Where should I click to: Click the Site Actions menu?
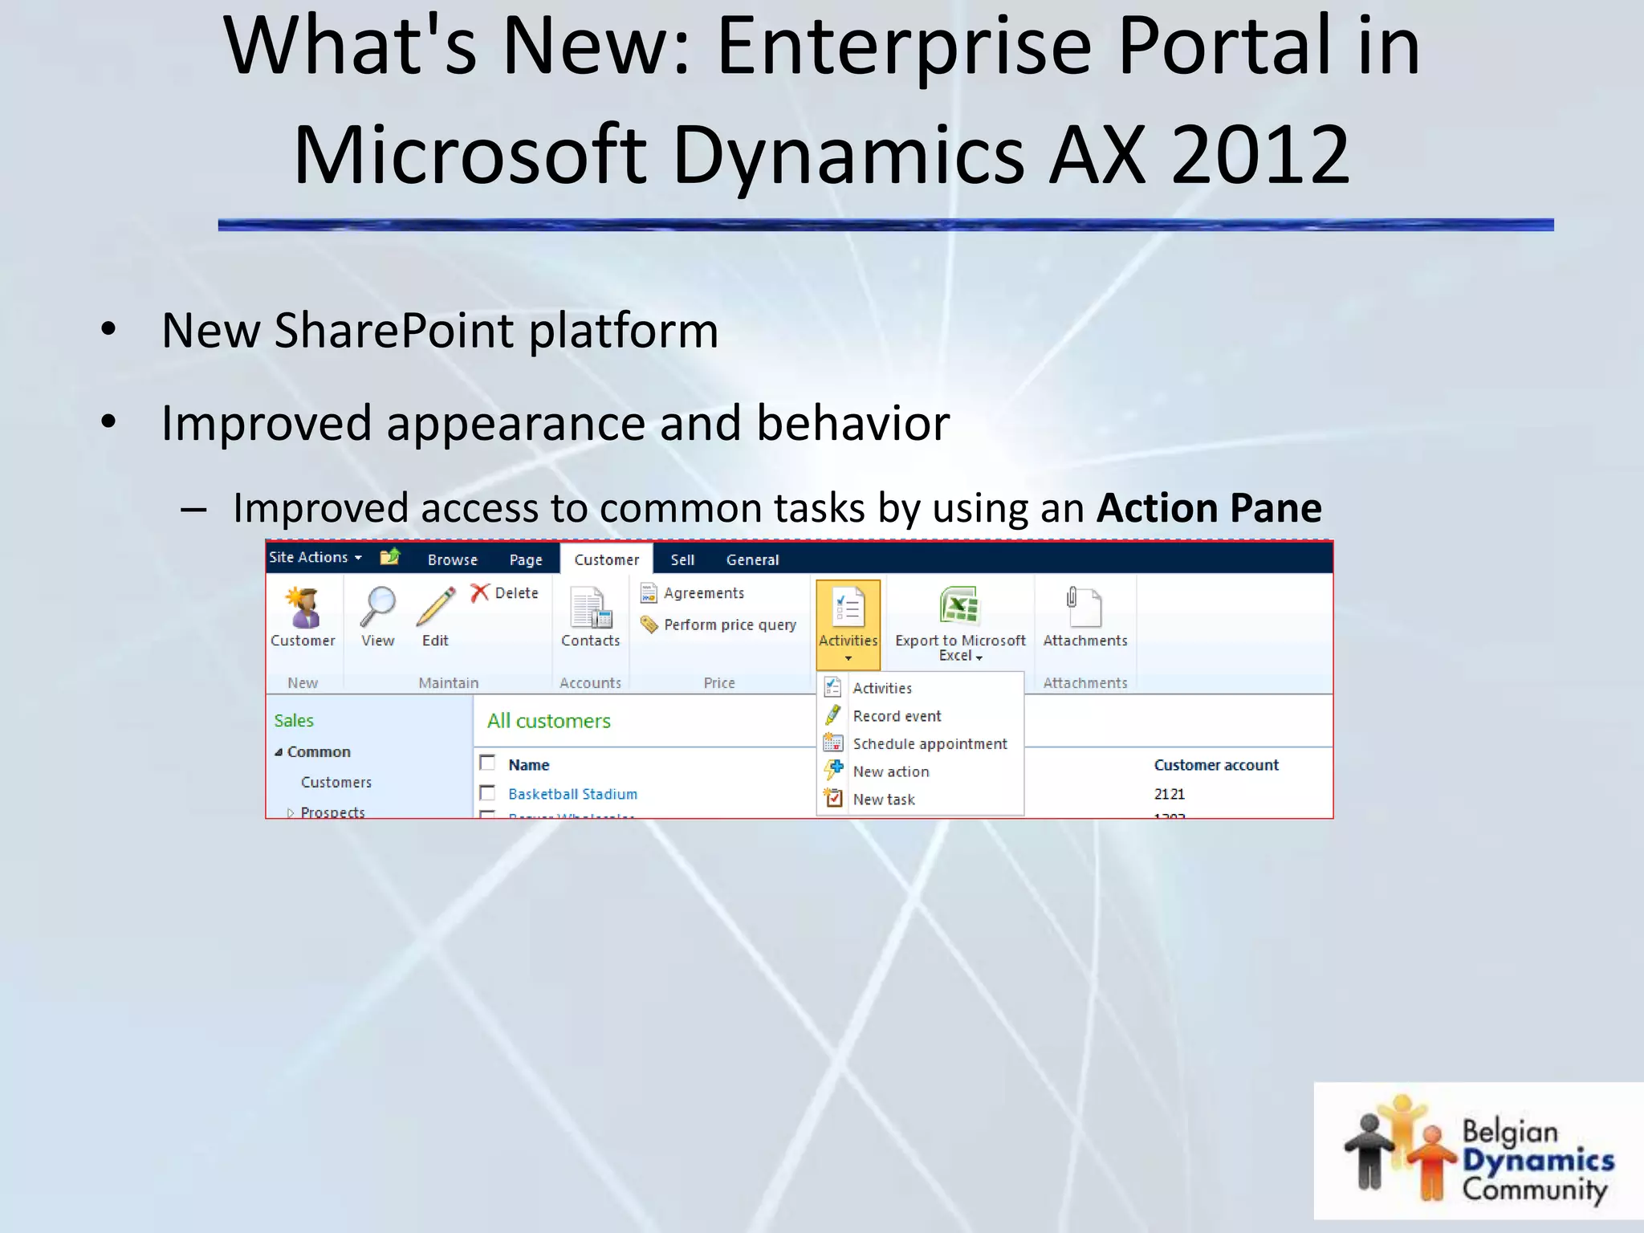point(315,557)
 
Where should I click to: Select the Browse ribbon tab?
point(452,560)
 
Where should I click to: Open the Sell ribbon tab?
point(682,560)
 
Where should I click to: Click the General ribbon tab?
point(752,560)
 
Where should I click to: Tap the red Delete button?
point(505,592)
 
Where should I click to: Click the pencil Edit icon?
point(435,608)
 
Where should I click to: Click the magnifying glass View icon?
point(377,608)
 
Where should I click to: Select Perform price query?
point(729,625)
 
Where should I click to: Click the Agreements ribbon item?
point(703,592)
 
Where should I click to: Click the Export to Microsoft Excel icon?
point(959,606)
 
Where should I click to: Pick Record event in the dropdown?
point(896,715)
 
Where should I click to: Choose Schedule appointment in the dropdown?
point(929,743)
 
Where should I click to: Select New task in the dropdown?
point(883,799)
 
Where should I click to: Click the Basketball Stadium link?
point(572,793)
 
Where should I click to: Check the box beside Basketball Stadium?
point(487,792)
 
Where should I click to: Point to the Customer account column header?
point(1215,764)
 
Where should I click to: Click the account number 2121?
point(1169,793)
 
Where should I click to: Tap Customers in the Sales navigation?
point(336,782)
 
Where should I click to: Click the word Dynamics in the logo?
point(1537,1160)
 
